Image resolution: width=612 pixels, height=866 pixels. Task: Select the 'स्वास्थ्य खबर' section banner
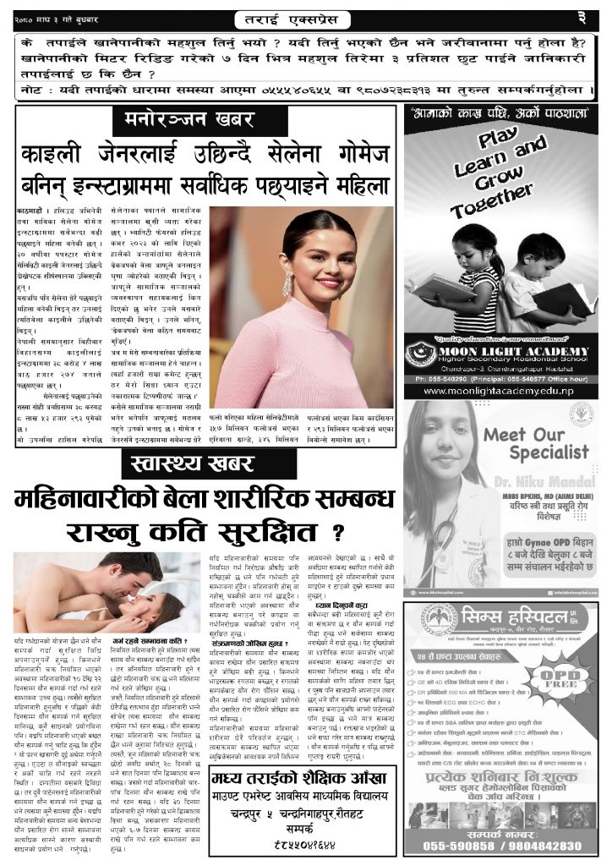pyautogui.click(x=199, y=463)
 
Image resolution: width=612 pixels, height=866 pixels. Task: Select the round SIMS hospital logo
pyautogui.click(x=440, y=621)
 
